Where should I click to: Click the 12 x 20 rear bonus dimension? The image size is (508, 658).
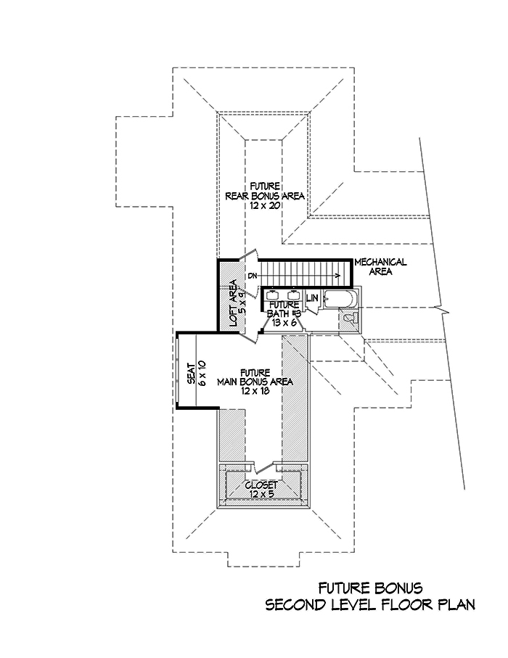coord(263,206)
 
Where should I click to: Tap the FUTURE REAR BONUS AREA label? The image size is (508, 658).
coord(263,191)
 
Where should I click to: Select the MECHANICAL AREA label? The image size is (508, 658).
coord(380,266)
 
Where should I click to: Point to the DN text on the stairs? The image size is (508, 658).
coord(253,276)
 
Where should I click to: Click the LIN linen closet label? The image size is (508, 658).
coord(313,298)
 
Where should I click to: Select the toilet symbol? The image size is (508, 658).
coord(350,318)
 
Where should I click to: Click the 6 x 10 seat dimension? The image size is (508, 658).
coord(203,372)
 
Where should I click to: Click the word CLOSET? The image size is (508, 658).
coord(261,485)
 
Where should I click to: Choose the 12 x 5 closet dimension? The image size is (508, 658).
coord(261,494)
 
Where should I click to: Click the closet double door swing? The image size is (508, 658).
coord(261,464)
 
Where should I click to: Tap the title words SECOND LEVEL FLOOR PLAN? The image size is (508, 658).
coord(369,604)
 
